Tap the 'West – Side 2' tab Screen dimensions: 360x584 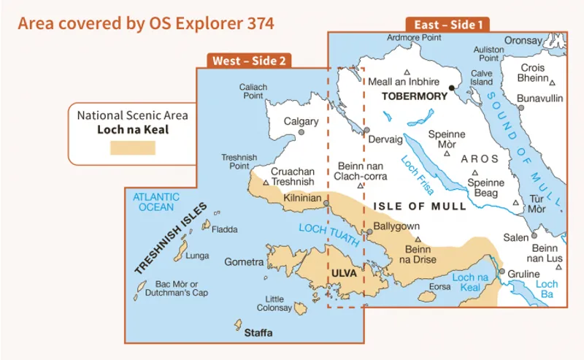click(x=249, y=61)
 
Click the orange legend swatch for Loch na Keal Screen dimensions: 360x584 click(x=132, y=147)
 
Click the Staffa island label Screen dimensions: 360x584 click(x=258, y=333)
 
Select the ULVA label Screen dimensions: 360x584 click(x=345, y=273)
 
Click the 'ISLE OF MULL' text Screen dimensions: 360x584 click(x=419, y=207)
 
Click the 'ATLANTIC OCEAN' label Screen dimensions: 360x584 click(x=154, y=202)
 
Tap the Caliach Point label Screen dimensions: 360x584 click(x=253, y=91)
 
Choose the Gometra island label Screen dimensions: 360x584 click(x=244, y=261)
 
